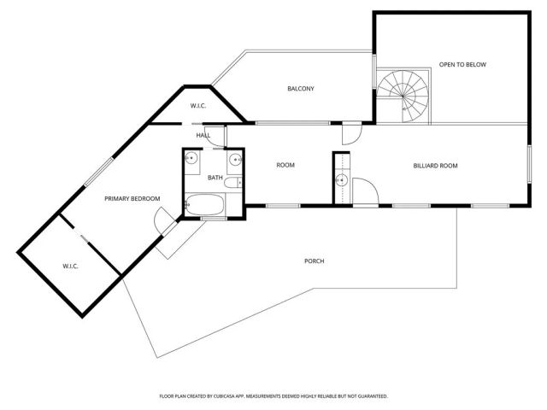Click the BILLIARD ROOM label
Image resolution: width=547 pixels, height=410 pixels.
point(436,165)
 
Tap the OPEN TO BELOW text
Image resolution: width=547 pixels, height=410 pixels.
point(462,65)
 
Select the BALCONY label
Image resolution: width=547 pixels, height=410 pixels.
point(301,89)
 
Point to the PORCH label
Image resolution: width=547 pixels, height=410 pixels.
point(314,261)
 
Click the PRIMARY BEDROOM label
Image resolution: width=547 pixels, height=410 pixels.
point(132,198)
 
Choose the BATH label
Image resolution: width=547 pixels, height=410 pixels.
point(215,177)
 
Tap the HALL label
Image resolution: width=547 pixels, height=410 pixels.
point(203,135)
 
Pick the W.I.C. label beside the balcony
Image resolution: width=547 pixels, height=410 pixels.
point(197,106)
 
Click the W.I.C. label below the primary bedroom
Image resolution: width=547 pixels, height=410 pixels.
point(70,266)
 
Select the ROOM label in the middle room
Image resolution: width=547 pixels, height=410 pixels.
point(285,165)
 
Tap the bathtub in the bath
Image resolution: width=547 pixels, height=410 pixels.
point(205,205)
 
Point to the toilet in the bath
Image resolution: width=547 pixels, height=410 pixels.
point(241,181)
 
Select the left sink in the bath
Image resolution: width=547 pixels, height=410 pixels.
point(192,158)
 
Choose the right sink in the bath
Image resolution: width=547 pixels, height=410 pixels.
point(233,158)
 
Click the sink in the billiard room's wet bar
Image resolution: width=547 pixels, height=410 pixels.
point(341,180)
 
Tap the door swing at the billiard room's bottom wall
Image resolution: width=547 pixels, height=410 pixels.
point(363,192)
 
